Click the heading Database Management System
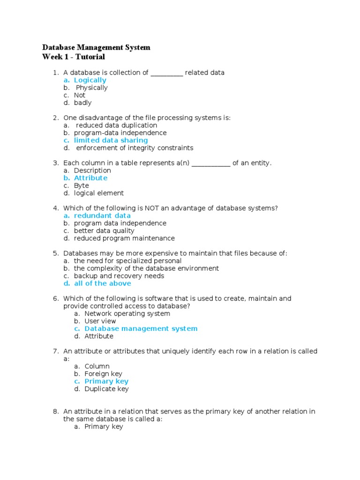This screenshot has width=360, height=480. (96, 47)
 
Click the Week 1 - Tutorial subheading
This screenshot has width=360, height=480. (74, 57)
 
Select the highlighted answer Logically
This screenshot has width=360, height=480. (90, 80)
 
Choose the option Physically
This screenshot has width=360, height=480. (92, 88)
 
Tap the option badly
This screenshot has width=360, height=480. (83, 103)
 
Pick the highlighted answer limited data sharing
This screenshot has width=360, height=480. (111, 140)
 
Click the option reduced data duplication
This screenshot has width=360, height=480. (117, 125)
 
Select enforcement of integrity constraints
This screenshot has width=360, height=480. (135, 148)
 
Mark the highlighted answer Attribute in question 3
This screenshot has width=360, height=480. (90, 178)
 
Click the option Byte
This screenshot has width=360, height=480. (82, 186)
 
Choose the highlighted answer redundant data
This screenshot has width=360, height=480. (102, 216)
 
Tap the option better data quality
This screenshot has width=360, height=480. (104, 231)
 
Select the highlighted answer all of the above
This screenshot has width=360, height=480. (103, 283)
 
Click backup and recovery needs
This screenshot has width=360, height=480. (119, 276)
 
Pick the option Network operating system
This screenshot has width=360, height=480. (127, 314)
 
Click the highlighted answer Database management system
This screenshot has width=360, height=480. (141, 329)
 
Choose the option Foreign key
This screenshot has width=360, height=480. (104, 374)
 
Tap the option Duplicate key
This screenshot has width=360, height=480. (106, 389)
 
